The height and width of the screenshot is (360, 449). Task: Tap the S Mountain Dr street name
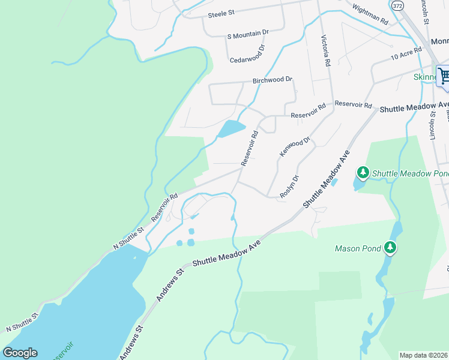(x=247, y=37)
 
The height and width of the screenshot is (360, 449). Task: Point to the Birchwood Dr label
(x=272, y=79)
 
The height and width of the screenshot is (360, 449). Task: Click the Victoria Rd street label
(x=325, y=51)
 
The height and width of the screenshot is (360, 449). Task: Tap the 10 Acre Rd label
(x=406, y=56)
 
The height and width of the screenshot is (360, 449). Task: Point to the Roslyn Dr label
(x=289, y=187)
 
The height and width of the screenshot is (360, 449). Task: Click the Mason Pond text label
(x=358, y=248)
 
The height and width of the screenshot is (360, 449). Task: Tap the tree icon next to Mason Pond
(x=390, y=247)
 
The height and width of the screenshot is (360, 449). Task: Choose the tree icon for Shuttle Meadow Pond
(x=363, y=173)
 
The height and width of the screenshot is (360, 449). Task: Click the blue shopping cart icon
(x=443, y=76)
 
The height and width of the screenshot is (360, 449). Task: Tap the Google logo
(x=20, y=353)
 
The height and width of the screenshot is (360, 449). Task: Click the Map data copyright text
(x=423, y=355)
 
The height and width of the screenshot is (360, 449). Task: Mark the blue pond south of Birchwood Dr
(x=231, y=128)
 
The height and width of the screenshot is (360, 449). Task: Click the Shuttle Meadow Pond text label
(x=410, y=173)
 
